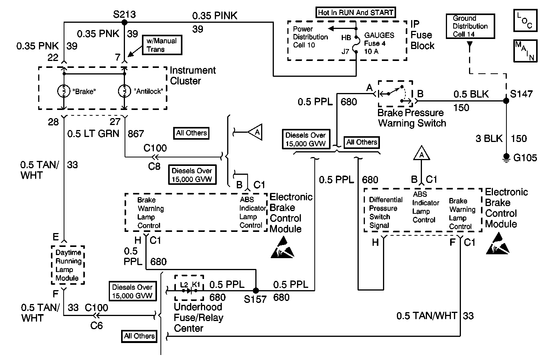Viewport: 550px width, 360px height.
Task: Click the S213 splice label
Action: (124, 14)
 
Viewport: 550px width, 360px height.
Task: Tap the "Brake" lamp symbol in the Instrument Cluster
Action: (63, 91)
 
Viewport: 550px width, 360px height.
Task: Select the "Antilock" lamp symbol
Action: (124, 91)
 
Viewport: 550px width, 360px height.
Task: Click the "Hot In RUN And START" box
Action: (355, 12)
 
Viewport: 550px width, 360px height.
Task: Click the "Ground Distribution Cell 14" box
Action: (470, 26)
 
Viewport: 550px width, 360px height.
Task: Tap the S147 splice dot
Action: (506, 101)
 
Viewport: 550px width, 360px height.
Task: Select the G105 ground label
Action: (525, 158)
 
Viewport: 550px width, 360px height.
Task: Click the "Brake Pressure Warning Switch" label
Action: (412, 118)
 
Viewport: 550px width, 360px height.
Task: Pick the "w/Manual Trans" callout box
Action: (161, 45)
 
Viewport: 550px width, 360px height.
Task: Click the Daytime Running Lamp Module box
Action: (68, 265)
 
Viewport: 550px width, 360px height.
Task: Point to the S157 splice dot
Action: (255, 290)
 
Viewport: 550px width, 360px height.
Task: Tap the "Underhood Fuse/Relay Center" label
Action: (198, 318)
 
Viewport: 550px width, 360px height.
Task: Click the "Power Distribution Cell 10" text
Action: (310, 37)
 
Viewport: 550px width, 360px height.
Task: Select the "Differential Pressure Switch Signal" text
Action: (385, 213)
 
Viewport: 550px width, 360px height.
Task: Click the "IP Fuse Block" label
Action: (422, 35)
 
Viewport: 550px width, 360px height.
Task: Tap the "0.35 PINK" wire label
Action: (215, 16)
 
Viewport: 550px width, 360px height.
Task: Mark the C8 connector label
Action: (154, 166)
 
